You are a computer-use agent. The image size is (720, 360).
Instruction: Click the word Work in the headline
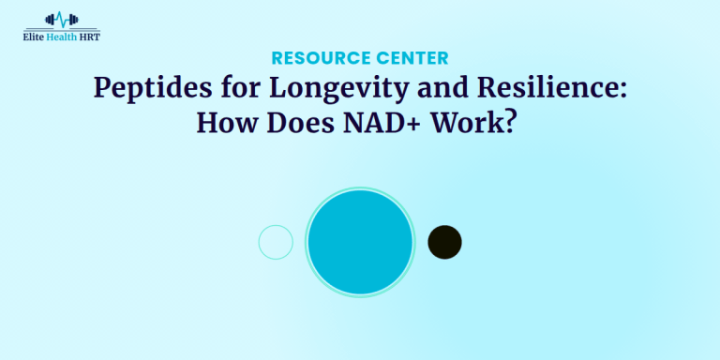point(472,124)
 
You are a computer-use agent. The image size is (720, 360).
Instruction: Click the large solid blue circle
point(360,242)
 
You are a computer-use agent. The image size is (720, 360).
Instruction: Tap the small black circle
point(444,242)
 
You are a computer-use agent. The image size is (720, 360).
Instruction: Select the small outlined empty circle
point(276,242)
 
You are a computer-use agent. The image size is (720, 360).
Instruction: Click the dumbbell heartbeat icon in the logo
point(63,19)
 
